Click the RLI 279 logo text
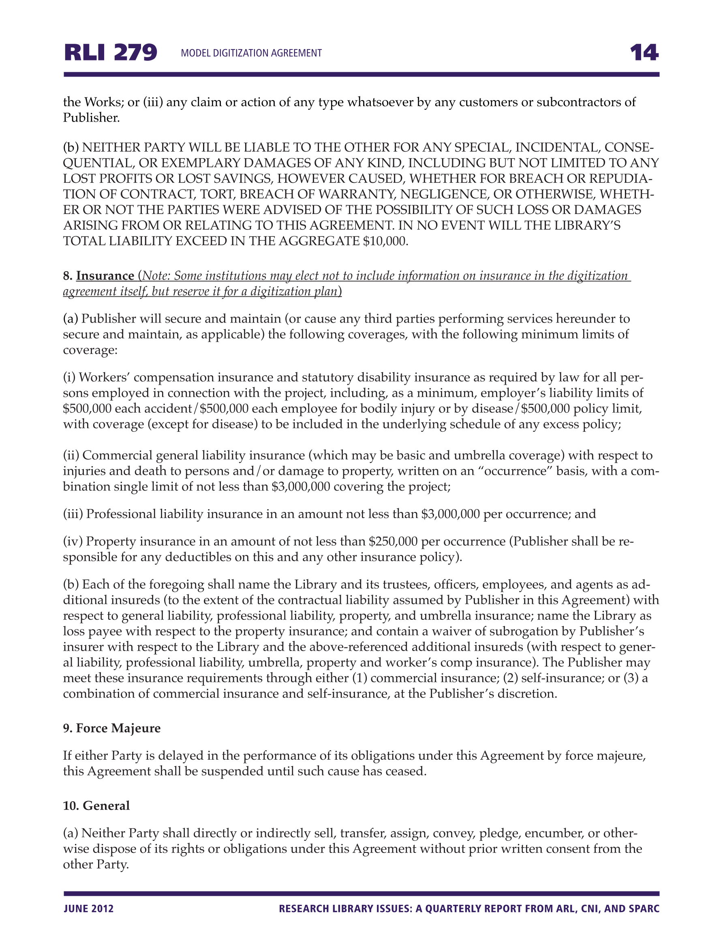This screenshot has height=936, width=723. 111,53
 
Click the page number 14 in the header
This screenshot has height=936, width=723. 644,53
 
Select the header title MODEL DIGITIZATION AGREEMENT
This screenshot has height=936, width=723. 251,53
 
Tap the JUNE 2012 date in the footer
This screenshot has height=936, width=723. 89,908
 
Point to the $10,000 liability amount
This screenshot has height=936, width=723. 385,241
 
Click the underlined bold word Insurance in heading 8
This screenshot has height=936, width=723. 105,276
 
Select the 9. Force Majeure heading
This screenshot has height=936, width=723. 112,728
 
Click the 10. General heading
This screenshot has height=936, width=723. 96,806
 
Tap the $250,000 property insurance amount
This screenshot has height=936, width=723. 393,541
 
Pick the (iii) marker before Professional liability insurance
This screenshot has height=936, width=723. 73,514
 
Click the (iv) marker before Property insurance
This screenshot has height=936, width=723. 73,541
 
